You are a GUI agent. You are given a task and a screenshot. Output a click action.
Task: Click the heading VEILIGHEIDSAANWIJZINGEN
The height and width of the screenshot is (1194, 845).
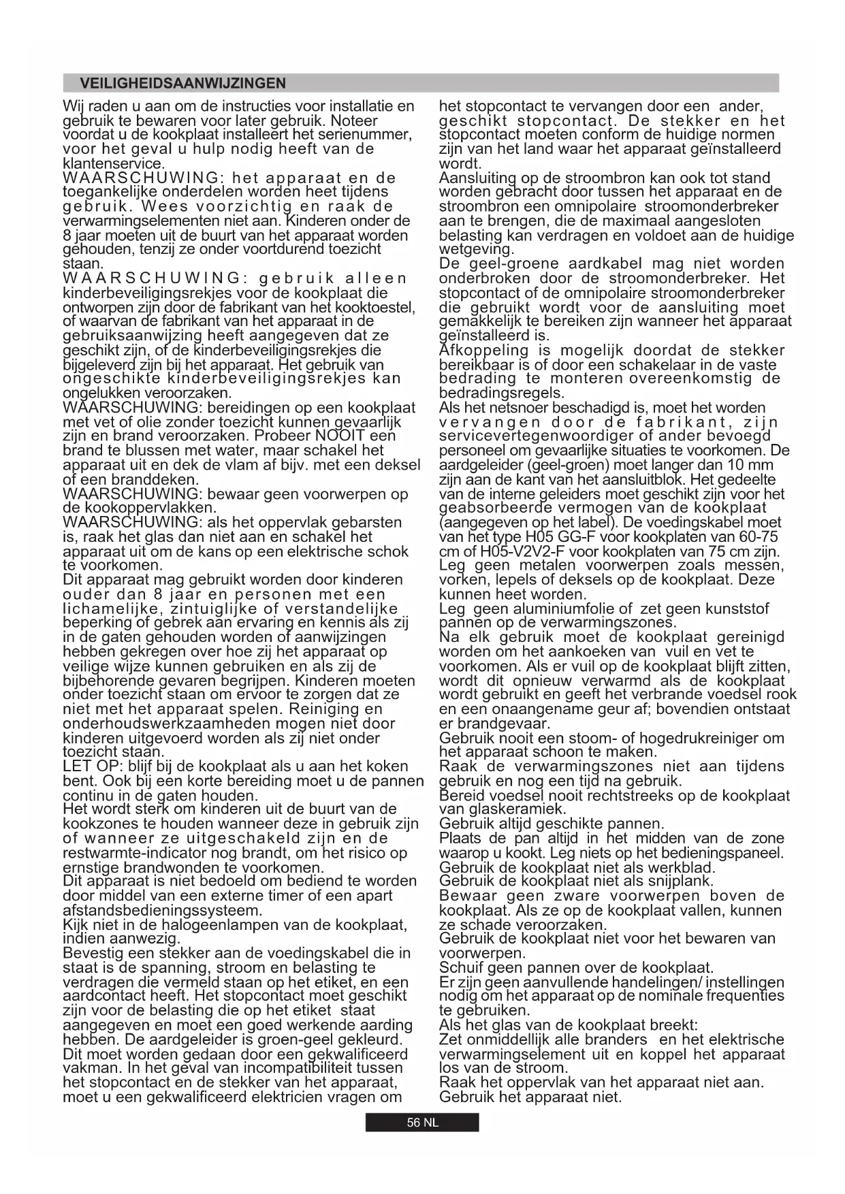pyautogui.click(x=182, y=84)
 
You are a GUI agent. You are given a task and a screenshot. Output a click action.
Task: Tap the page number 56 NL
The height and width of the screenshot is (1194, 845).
pyautogui.click(x=422, y=1123)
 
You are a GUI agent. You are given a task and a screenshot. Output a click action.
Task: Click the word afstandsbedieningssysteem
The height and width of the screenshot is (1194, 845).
pyautogui.click(x=161, y=911)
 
